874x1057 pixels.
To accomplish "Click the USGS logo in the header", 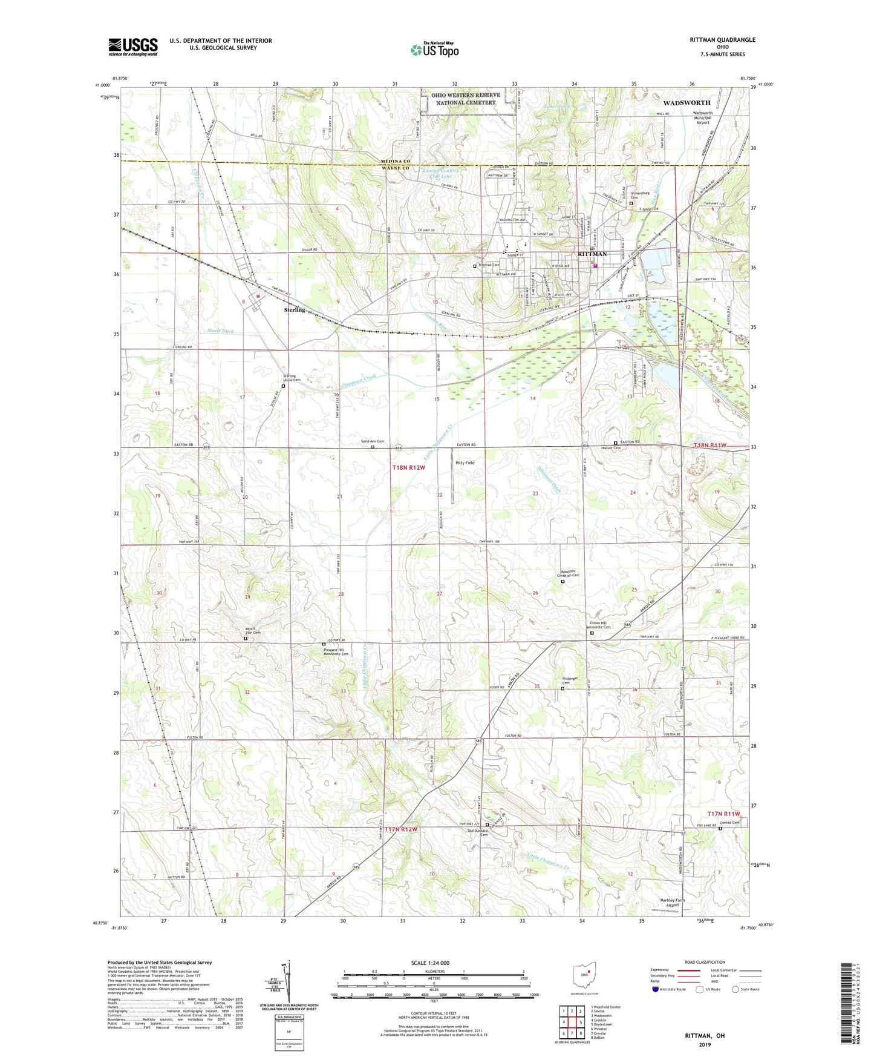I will tap(132, 47).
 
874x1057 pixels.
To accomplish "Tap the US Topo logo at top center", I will tap(434, 50).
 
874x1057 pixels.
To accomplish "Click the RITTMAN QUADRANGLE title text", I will tap(722, 40).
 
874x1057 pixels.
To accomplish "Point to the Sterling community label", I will tap(294, 310).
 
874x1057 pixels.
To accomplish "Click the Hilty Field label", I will tap(465, 463).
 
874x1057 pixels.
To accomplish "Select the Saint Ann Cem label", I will tap(373, 441).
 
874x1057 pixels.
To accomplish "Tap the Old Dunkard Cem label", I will tap(478, 832).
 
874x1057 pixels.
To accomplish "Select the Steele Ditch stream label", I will tap(220, 331).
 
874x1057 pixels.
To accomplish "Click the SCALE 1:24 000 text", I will tap(430, 963).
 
